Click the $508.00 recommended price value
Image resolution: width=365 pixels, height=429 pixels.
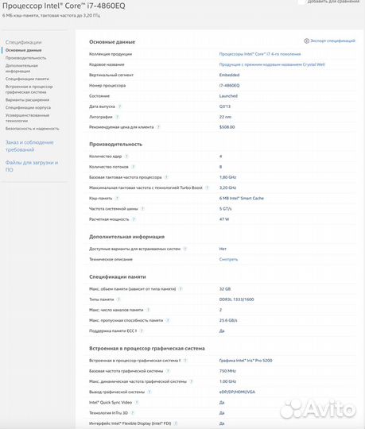pyautogui.click(x=227, y=126)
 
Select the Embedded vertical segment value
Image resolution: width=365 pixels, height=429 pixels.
pyautogui.click(x=230, y=75)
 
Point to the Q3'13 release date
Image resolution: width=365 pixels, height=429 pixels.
pyautogui.click(x=225, y=106)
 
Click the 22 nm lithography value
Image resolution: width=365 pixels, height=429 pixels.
pyautogui.click(x=226, y=116)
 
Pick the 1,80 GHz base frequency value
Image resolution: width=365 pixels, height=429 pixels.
pyautogui.click(x=228, y=177)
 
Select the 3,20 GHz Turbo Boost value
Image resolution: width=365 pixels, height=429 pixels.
pyautogui.click(x=228, y=187)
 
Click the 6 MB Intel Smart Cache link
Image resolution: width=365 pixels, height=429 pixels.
pyautogui.click(x=242, y=198)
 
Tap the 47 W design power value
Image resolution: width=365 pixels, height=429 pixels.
pyautogui.click(x=224, y=218)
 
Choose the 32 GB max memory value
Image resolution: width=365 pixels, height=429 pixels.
pyautogui.click(x=225, y=288)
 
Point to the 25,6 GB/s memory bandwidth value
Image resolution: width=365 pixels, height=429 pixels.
pyautogui.click(x=229, y=319)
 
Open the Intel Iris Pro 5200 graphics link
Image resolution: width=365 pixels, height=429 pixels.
pyautogui.click(x=246, y=360)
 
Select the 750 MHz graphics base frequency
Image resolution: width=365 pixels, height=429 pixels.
pyautogui.click(x=227, y=370)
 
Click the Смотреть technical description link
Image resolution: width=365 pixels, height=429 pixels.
pyautogui.click(x=228, y=259)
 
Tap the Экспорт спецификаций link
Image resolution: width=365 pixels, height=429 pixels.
pyautogui.click(x=331, y=40)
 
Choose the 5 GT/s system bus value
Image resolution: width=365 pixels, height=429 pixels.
pyautogui.click(x=226, y=208)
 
